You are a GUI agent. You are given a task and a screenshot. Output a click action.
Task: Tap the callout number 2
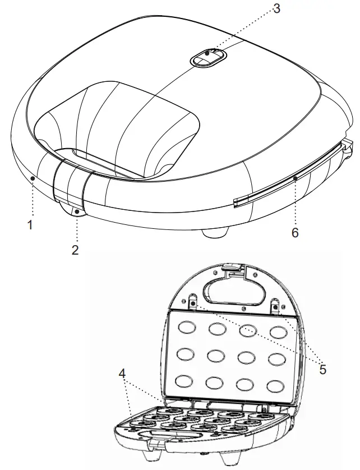(x=75, y=250)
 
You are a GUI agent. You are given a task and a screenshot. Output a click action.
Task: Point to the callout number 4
(x=122, y=372)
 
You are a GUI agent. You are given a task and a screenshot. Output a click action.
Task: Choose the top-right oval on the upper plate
(x=278, y=331)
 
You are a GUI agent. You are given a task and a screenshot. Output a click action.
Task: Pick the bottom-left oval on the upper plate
(x=183, y=381)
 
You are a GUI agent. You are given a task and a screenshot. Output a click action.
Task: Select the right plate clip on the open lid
(x=276, y=307)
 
